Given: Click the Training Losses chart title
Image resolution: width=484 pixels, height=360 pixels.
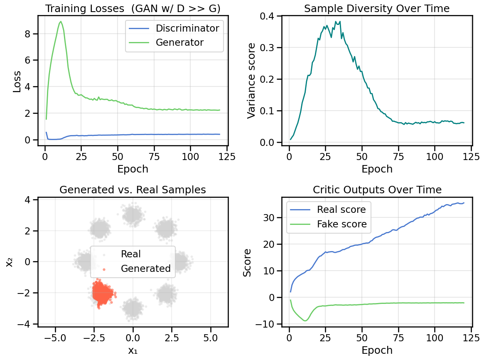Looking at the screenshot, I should pos(133,8).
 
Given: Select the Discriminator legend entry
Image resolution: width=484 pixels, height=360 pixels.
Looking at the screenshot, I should pos(187,28).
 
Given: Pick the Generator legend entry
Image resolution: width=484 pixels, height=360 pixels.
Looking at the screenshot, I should pos(179,42).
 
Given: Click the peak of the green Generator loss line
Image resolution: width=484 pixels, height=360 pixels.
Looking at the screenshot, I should pos(61,22).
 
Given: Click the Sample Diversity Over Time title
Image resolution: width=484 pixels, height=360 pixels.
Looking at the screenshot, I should pos(377,8).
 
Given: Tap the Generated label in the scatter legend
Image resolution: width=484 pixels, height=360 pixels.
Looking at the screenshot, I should pos(145,269).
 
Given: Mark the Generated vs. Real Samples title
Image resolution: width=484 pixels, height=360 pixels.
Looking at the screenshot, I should pos(133,190).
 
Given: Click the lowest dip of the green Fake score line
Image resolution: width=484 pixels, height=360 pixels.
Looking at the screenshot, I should pos(305,321).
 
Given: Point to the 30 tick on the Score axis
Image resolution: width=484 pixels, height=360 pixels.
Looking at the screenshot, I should pos(272,217).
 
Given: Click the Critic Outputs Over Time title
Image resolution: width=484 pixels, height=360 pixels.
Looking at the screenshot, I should pos(377,190).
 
